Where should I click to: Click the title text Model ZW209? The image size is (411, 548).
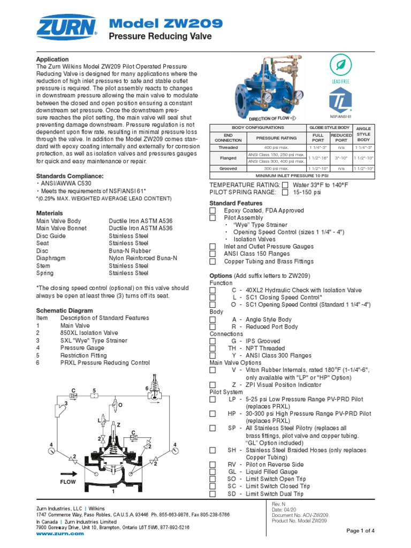[x=166, y=23]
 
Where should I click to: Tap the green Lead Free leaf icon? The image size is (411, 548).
[x=340, y=65]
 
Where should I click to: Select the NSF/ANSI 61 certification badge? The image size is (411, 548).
[x=340, y=100]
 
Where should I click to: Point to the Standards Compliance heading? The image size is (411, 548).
[x=70, y=176]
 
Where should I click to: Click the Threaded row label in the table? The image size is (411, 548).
[x=228, y=147]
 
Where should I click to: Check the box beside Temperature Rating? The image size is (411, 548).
[x=285, y=185]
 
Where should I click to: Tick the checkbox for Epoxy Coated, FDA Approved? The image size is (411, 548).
[x=212, y=211]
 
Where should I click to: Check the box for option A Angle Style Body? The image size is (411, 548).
[x=212, y=319]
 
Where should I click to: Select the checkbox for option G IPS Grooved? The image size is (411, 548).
[x=212, y=341]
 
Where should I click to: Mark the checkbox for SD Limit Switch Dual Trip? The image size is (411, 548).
[x=212, y=494]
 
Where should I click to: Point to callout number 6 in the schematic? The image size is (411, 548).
[x=147, y=388]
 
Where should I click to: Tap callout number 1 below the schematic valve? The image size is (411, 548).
[x=113, y=491]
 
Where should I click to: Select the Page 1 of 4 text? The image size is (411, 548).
[x=360, y=530]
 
